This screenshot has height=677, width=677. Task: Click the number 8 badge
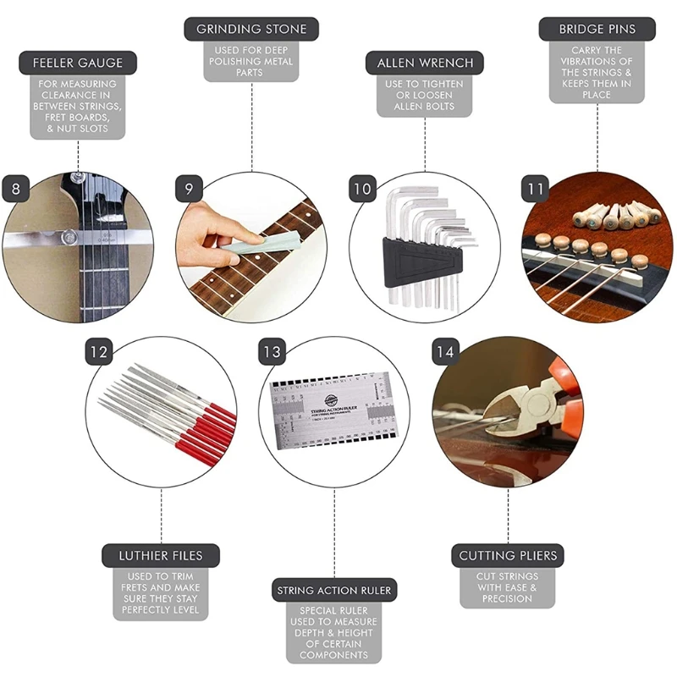click(16, 188)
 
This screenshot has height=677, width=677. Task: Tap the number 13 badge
click(272, 350)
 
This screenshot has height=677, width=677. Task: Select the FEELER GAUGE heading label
click(78, 63)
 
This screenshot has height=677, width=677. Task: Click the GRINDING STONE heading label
click(251, 29)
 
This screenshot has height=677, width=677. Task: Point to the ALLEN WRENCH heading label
click(424, 63)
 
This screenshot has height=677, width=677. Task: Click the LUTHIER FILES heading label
click(161, 556)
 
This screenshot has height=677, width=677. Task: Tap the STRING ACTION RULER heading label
click(336, 590)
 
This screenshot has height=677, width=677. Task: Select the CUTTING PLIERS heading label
click(508, 556)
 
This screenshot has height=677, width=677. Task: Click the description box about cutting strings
click(508, 587)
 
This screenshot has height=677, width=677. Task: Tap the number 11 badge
click(535, 188)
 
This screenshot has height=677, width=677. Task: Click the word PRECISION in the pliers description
click(508, 598)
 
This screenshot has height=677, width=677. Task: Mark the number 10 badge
click(362, 188)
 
